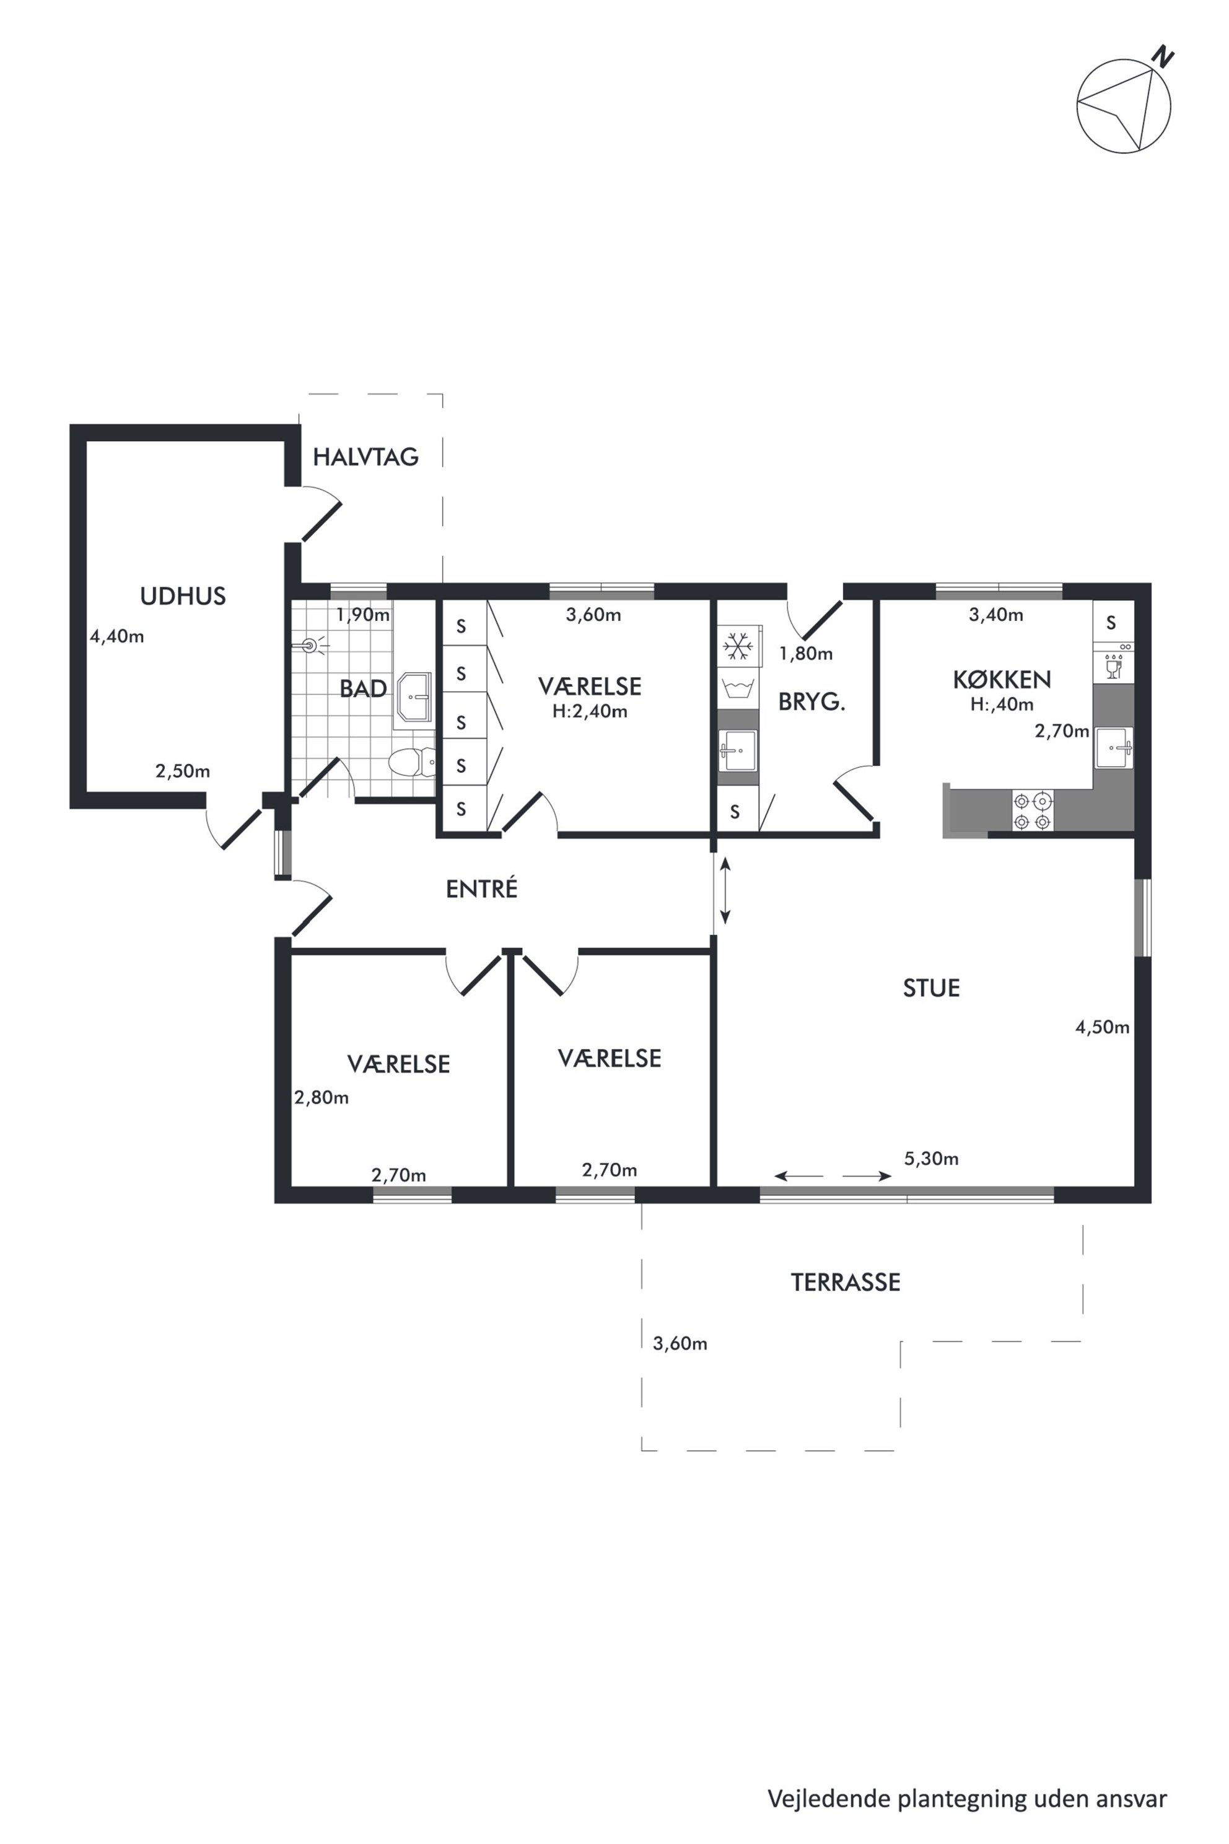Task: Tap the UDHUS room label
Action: pyautogui.click(x=183, y=597)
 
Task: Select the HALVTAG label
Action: pyautogui.click(x=365, y=457)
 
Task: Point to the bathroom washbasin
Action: pyautogui.click(x=414, y=696)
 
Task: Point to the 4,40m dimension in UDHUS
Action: pyautogui.click(x=117, y=636)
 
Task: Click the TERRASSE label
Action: pyautogui.click(x=846, y=1283)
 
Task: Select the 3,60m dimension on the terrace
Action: pyautogui.click(x=680, y=1344)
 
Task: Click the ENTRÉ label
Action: pyautogui.click(x=482, y=889)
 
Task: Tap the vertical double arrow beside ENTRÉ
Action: pyautogui.click(x=725, y=890)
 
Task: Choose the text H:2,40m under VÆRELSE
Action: pyautogui.click(x=590, y=712)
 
